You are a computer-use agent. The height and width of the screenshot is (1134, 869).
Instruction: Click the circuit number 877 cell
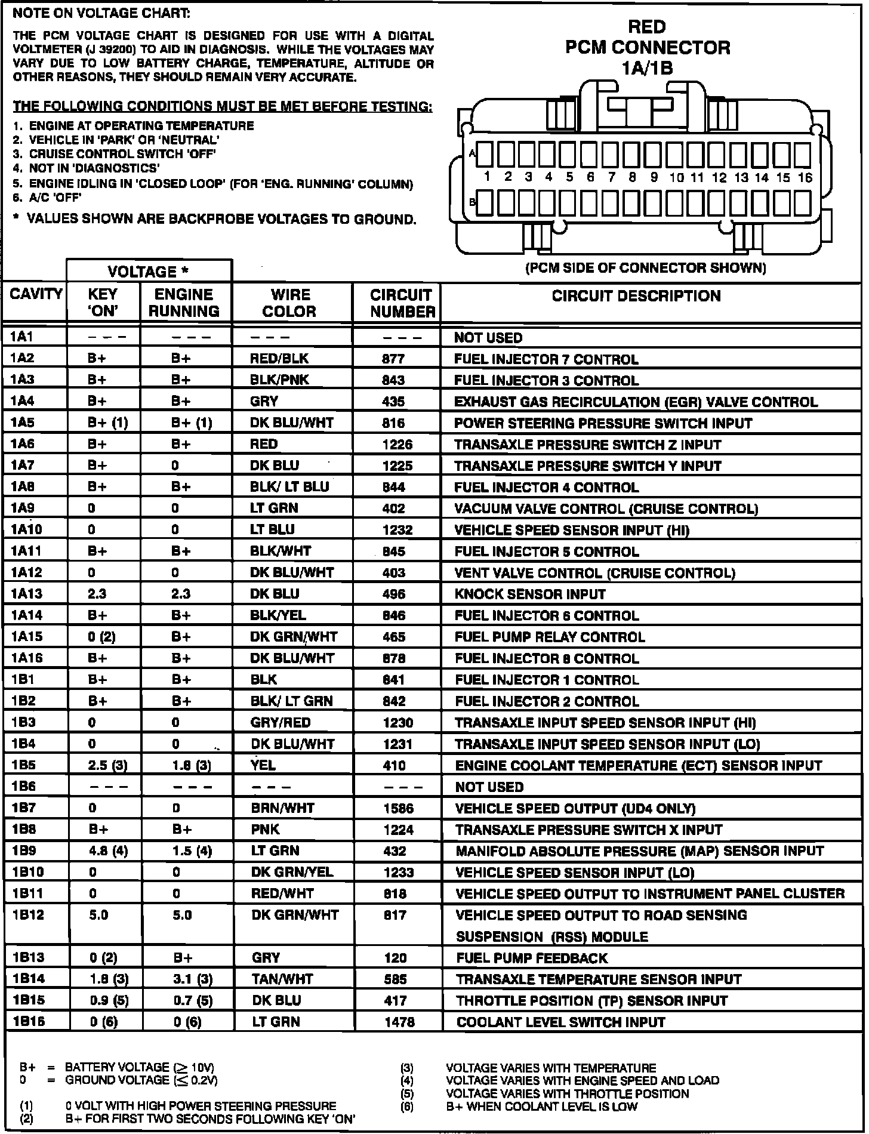click(x=393, y=359)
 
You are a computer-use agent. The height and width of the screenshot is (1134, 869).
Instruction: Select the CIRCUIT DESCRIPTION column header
click(x=636, y=296)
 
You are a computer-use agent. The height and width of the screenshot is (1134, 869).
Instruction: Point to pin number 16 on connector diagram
click(x=805, y=177)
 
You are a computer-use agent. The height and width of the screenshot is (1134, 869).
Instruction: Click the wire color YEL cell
click(x=263, y=765)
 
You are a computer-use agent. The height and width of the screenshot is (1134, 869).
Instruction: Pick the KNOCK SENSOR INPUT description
click(x=530, y=594)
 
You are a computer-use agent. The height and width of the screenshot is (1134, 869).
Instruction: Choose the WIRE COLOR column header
click(x=291, y=303)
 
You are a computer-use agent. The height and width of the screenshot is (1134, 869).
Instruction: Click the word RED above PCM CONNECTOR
click(x=647, y=27)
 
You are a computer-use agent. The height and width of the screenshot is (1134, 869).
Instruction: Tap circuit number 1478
click(x=399, y=1022)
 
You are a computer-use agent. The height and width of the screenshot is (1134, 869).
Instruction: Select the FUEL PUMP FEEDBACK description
click(x=532, y=958)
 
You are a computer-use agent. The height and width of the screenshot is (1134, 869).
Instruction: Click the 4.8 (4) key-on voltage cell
click(x=108, y=850)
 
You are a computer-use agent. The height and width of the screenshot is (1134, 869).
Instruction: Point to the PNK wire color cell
click(x=266, y=829)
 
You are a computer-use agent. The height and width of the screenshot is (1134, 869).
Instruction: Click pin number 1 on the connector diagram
click(x=487, y=177)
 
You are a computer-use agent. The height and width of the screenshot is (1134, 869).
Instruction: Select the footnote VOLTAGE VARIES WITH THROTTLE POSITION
click(x=567, y=1093)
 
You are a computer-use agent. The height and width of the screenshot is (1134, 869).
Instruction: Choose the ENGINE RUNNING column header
click(x=184, y=303)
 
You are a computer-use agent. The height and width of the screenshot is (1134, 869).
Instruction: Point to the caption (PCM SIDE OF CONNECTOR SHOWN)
click(x=645, y=267)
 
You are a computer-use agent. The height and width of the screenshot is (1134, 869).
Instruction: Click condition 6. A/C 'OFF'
click(x=47, y=198)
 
